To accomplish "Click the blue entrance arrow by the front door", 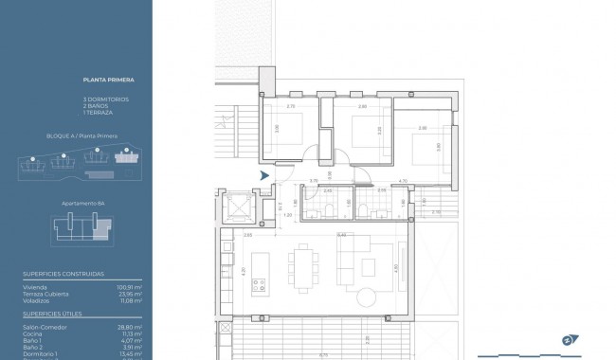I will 264,174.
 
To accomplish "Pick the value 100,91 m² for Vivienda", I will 129,286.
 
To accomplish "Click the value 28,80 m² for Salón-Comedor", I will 129,326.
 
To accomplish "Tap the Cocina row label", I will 31,333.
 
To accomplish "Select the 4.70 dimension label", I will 402,181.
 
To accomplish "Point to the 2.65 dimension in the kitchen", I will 247,234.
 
